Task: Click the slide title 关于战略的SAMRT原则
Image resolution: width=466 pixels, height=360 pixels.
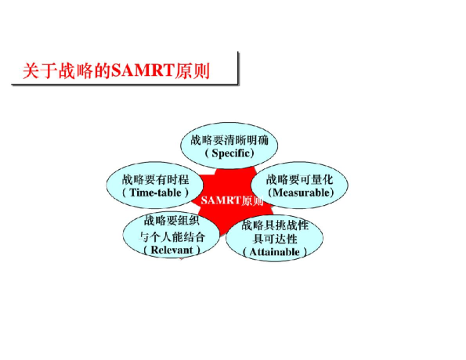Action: tap(124, 70)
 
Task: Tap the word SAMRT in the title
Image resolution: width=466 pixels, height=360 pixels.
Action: tap(140, 70)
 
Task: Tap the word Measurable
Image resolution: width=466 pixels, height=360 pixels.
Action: tap(301, 192)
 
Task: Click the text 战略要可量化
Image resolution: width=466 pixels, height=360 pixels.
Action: tap(301, 178)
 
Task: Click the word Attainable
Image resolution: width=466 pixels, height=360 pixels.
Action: tap(275, 252)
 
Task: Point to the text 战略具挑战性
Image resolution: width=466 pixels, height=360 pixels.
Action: tap(276, 225)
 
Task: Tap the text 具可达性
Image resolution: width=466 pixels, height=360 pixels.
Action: tap(276, 238)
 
